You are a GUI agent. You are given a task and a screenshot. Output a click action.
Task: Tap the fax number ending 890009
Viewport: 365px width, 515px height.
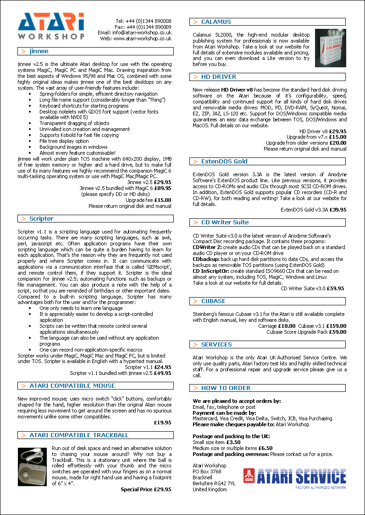[143, 27]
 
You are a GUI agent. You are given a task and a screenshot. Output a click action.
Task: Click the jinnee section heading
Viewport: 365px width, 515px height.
[39, 51]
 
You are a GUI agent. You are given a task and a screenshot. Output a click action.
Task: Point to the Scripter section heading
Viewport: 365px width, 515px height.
[41, 218]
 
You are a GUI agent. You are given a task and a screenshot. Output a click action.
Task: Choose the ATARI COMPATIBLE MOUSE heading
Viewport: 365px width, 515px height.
[72, 385]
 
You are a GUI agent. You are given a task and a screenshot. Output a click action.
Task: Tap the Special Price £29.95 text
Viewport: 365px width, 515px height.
[146, 489]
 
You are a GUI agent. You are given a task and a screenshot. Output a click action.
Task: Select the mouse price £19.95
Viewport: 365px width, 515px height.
[162, 423]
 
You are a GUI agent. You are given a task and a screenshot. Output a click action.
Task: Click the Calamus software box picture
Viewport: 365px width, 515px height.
[331, 48]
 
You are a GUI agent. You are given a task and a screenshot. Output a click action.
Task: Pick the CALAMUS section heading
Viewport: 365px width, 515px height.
[216, 22]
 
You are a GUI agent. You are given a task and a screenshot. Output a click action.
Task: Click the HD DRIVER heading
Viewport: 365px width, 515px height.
[219, 76]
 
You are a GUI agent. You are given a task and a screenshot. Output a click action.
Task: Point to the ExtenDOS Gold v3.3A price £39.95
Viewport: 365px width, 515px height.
[337, 210]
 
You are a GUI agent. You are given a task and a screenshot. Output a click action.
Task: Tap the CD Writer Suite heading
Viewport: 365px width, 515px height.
[225, 222]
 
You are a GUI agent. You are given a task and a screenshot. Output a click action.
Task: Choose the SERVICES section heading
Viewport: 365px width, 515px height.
[216, 344]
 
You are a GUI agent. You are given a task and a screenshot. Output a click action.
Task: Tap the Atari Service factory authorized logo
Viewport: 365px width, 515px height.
[295, 478]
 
